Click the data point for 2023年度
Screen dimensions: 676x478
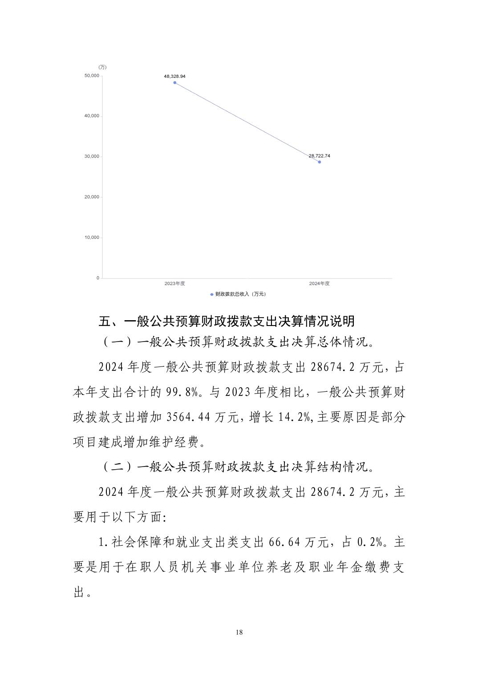pos(175,83)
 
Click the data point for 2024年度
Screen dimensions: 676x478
pos(320,162)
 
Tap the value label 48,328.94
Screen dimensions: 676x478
pos(175,76)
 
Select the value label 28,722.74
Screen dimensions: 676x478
pos(320,156)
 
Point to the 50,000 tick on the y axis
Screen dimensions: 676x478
pos(92,76)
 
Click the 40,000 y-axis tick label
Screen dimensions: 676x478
pos(92,116)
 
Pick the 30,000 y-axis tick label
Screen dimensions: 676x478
pos(92,157)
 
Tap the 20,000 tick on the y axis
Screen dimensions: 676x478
pos(92,197)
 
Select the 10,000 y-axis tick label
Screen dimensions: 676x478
pos(92,237)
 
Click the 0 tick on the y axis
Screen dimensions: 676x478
pos(98,278)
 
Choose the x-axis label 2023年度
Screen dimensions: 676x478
pos(174,283)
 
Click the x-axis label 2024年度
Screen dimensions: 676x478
pos(319,283)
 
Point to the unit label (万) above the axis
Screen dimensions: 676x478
pos(102,67)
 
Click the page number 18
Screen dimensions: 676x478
pos(239,632)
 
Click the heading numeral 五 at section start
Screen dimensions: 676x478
pos(104,321)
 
